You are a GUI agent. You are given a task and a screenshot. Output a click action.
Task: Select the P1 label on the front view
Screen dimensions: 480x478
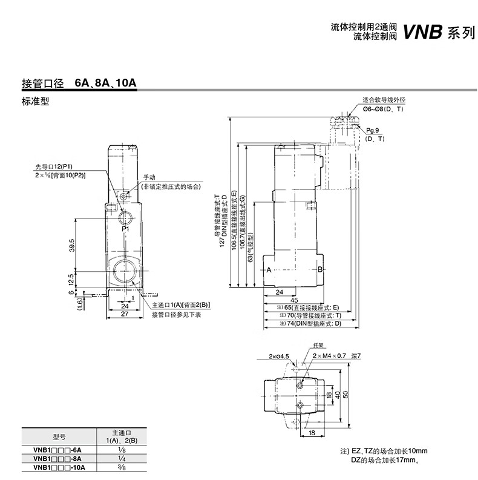click(x=125, y=229)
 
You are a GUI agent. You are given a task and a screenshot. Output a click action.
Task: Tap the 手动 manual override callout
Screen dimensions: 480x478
click(x=149, y=177)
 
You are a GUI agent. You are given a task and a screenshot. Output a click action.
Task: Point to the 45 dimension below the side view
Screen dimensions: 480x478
click(x=293, y=300)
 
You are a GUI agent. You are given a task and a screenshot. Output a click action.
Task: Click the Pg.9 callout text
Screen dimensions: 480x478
click(x=372, y=131)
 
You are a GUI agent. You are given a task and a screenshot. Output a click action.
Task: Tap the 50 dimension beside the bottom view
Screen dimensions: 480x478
click(x=345, y=393)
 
